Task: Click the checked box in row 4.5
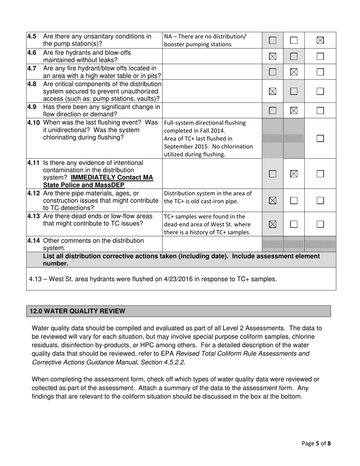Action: pyautogui.click(x=320, y=40)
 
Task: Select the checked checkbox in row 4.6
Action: pyautogui.click(x=272, y=56)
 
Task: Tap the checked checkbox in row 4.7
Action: pyautogui.click(x=294, y=72)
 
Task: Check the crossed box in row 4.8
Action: pyautogui.click(x=272, y=91)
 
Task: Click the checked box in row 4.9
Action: pyautogui.click(x=294, y=111)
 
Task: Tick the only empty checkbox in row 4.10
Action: pyautogui.click(x=320, y=138)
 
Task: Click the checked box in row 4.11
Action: pyautogui.click(x=294, y=174)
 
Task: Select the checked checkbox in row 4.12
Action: pyautogui.click(x=272, y=201)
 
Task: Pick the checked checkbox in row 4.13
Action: pyautogui.click(x=272, y=224)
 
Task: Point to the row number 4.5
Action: pyautogui.click(x=31, y=36)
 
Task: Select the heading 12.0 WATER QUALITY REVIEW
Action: pyautogui.click(x=77, y=311)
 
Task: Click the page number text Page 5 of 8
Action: pyautogui.click(x=316, y=443)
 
